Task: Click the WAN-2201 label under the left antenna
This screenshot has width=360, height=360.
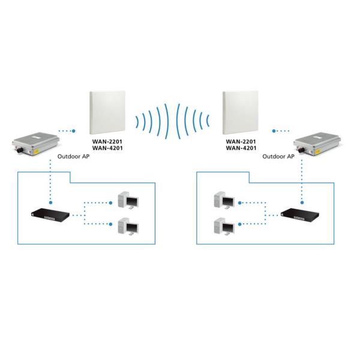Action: click(x=107, y=142)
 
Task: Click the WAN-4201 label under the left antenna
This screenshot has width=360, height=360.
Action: click(x=107, y=148)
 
